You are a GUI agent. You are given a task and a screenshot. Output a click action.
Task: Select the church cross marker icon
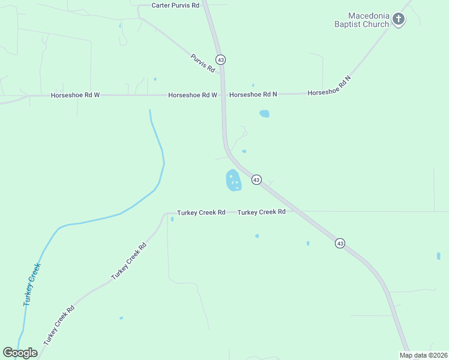click(399, 20)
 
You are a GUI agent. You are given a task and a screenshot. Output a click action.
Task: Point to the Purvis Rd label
click(203, 63)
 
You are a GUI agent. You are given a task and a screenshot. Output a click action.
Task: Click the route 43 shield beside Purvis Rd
click(221, 60)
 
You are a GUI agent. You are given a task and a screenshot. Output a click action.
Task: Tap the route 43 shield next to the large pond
click(256, 180)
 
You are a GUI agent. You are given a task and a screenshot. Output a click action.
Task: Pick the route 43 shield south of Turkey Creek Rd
click(340, 243)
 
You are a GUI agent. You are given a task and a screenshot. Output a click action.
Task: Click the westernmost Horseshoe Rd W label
click(75, 95)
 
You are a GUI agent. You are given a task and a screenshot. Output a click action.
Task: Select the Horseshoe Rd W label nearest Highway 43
click(192, 95)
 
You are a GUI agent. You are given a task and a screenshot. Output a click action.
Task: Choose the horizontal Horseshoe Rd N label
click(253, 94)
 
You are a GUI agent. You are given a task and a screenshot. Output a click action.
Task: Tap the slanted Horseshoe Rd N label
click(329, 86)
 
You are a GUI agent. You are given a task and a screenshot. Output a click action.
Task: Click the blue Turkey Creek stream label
click(32, 285)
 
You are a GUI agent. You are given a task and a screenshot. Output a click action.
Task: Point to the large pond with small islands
click(233, 180)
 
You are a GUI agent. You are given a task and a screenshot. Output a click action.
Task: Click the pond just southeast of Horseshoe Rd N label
click(264, 113)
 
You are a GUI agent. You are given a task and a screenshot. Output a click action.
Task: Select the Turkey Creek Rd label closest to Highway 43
click(261, 212)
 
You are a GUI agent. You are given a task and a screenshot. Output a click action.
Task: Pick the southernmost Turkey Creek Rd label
click(59, 324)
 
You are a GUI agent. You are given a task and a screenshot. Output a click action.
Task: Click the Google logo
click(20, 353)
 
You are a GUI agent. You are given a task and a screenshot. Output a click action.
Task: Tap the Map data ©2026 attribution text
click(423, 355)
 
